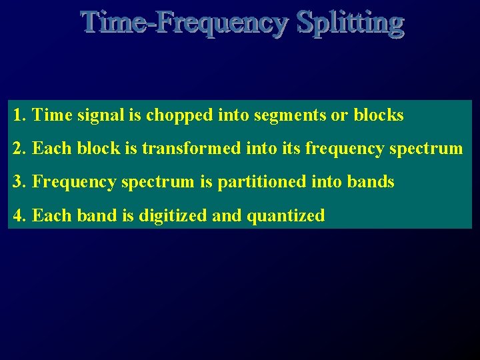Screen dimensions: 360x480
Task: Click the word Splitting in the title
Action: [x=350, y=22]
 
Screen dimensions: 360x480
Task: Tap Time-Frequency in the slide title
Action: [x=185, y=22]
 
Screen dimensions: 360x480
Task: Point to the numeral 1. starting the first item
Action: [x=19, y=115]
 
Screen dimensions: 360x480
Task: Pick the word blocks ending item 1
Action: [x=378, y=115]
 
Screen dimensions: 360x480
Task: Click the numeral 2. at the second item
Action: [x=19, y=148]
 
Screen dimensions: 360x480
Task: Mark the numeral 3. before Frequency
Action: [x=19, y=181]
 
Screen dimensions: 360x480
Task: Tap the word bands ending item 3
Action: [x=371, y=181]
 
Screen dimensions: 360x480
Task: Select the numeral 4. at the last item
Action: [x=19, y=215]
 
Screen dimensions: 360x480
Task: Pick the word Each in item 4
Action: [x=47, y=215]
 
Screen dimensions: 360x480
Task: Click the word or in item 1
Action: [x=339, y=116]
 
